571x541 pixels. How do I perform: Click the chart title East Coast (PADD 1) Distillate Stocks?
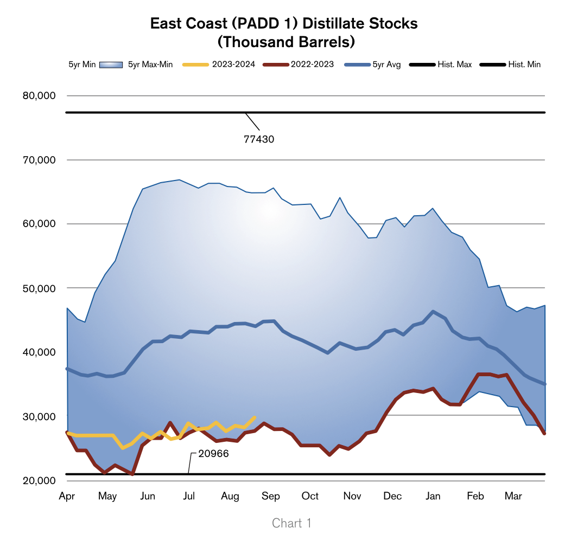click(x=284, y=24)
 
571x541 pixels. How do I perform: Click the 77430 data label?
click(x=259, y=139)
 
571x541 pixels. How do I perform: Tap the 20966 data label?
click(x=213, y=454)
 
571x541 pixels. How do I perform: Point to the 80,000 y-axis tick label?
click(x=40, y=96)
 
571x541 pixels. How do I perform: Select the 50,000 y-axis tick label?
click(x=40, y=288)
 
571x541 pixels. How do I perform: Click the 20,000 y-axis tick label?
click(x=40, y=480)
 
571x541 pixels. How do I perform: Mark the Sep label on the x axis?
click(x=271, y=496)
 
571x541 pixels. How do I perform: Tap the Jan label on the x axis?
click(x=433, y=496)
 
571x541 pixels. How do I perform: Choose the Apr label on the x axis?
click(x=67, y=496)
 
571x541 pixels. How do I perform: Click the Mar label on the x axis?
click(x=513, y=496)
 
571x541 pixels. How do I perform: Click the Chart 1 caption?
click(x=291, y=523)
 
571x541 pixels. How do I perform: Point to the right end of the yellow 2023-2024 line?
click(x=255, y=417)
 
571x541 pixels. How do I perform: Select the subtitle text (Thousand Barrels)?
click(x=284, y=41)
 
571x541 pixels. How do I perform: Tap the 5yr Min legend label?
click(x=82, y=65)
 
